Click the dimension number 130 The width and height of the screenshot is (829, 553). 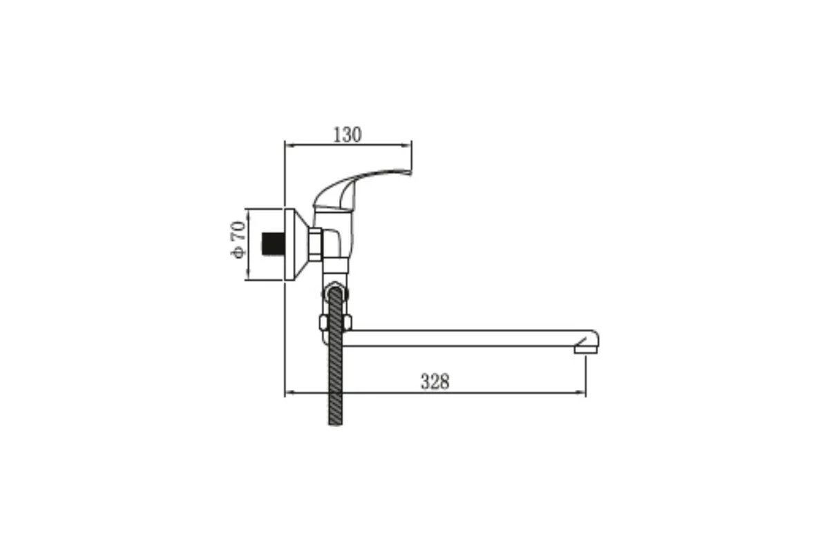click(347, 135)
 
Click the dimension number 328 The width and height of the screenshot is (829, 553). click(435, 382)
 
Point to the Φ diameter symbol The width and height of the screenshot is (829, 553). click(238, 252)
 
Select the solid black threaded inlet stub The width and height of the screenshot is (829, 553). click(273, 244)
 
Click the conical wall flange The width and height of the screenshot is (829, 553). click(297, 245)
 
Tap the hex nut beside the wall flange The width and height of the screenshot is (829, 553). click(316, 245)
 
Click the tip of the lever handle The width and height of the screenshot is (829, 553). click(410, 173)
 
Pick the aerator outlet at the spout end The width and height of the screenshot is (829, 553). click(586, 350)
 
